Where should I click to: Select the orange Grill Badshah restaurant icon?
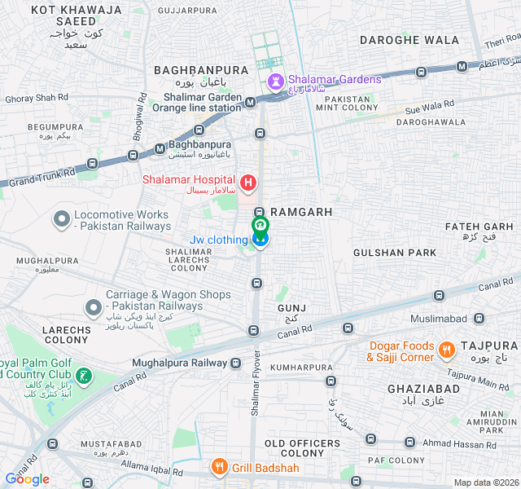(x=218, y=467)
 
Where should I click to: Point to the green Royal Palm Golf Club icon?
(x=83, y=377)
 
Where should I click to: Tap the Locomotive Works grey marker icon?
(x=61, y=219)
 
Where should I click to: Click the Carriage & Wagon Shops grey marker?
(x=93, y=306)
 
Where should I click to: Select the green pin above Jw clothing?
(x=260, y=225)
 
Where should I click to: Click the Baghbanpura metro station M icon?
(x=160, y=148)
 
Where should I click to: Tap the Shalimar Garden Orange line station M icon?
(x=251, y=102)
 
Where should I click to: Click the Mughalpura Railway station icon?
(x=235, y=363)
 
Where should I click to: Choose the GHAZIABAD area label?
(x=422, y=389)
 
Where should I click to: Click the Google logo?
(x=28, y=479)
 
